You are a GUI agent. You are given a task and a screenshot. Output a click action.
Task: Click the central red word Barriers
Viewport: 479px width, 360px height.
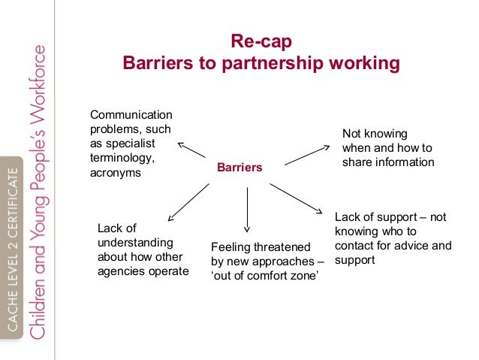click(x=239, y=167)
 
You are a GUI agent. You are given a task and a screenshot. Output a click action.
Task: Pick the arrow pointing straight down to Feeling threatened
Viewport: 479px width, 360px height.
click(x=247, y=207)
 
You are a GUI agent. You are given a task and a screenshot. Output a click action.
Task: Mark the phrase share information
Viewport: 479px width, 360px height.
click(x=388, y=162)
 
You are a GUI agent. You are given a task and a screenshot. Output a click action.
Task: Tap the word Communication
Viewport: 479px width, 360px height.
click(x=131, y=115)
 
